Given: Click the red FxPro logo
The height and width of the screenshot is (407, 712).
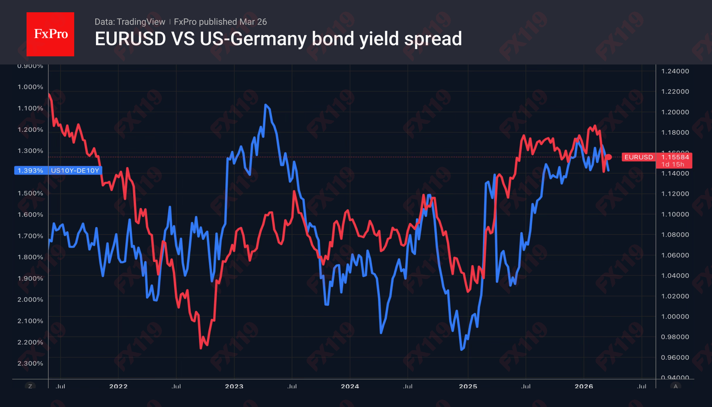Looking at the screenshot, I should click(x=50, y=34).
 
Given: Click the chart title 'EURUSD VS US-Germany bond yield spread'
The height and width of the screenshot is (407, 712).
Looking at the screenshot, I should click(x=278, y=39).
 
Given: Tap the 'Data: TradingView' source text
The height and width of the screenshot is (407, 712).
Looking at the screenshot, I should click(x=130, y=22).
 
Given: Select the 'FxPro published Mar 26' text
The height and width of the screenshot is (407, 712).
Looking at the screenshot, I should click(x=220, y=22).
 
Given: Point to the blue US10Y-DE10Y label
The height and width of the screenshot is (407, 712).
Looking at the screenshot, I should click(x=75, y=170).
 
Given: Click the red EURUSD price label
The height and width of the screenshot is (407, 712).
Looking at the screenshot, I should click(x=638, y=157).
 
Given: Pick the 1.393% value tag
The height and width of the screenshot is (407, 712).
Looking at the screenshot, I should click(x=30, y=170).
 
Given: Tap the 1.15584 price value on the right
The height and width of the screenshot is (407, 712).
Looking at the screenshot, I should click(x=675, y=157).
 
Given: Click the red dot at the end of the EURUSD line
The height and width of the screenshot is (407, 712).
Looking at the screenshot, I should click(x=609, y=157).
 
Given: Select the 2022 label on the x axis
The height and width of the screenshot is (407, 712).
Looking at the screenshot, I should click(x=118, y=386).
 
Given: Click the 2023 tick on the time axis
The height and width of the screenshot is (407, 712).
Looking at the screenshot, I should click(x=234, y=386).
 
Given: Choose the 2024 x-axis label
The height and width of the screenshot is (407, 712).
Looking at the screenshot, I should click(x=350, y=386).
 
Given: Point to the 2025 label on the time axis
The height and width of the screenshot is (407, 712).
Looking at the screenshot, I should click(x=468, y=386).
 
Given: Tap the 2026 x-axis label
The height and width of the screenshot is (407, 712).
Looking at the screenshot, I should click(x=584, y=386).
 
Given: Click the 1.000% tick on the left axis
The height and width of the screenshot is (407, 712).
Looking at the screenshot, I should click(x=30, y=87).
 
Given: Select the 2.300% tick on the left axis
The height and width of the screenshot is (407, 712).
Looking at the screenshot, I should click(x=30, y=363).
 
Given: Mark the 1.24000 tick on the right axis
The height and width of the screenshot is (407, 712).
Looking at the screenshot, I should click(x=675, y=71).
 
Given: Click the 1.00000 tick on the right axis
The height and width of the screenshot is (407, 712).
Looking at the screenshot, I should click(x=675, y=316).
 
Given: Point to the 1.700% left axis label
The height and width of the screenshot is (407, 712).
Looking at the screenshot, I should click(x=30, y=236).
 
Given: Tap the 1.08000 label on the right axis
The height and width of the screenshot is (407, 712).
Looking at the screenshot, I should click(x=675, y=234).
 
